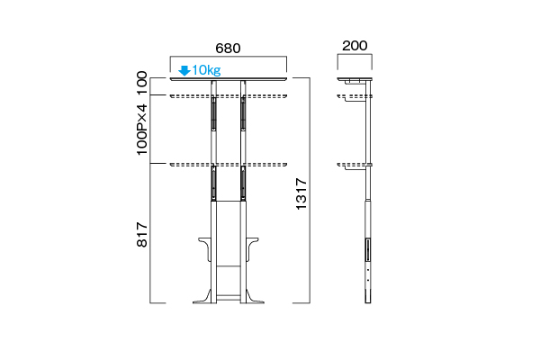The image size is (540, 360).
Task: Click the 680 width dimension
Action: coord(228,49)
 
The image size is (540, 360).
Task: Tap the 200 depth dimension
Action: coord(355,46)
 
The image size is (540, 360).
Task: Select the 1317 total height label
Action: coord(301,193)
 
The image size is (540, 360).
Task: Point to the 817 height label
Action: coord(142,235)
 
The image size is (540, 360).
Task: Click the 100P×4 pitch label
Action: coord(142,130)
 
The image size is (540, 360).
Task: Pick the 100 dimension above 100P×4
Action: coord(142,83)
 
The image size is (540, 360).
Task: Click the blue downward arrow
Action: coord(184,70)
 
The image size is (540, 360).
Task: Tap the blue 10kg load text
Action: coord(206,70)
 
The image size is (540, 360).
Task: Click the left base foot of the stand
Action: coord(202,297)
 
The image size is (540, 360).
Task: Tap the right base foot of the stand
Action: coord(255,297)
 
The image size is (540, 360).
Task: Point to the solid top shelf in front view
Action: coord(229,79)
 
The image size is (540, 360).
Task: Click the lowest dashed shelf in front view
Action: coord(229,165)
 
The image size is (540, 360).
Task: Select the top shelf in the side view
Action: coord(355,79)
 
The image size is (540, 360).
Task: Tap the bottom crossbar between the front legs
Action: coord(229,297)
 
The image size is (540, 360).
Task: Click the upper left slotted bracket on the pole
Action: coord(214,113)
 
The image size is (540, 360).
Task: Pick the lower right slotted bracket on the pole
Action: coord(243,183)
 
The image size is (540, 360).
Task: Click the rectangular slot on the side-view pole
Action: coord(368,250)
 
